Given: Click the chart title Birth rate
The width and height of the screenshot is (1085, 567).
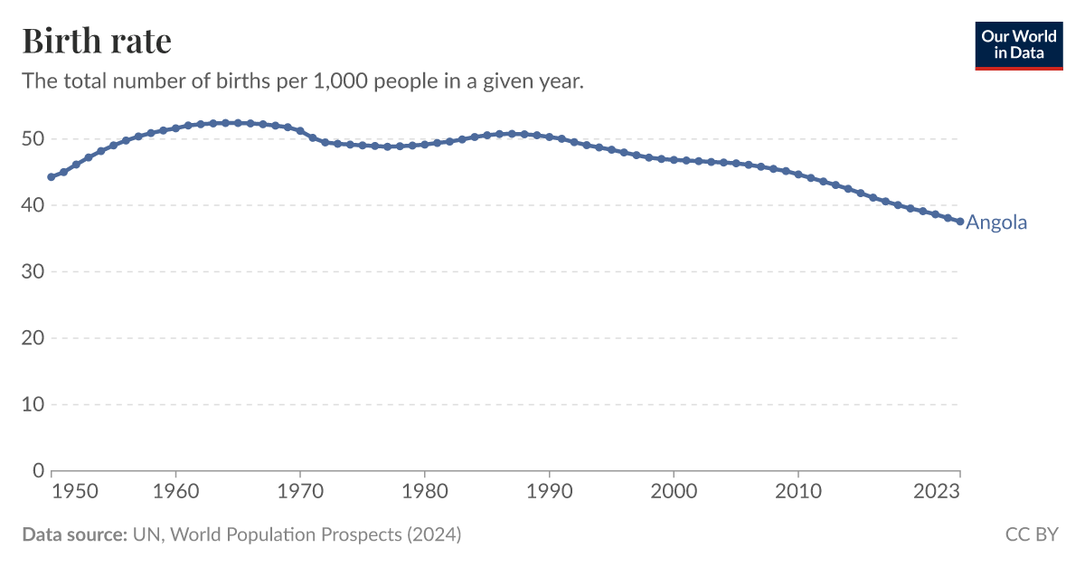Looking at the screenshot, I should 96,41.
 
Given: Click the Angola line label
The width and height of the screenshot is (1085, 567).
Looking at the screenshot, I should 996,222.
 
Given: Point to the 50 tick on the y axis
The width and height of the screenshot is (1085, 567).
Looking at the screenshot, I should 34,139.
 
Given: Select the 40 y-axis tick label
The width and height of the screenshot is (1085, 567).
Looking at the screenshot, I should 34,205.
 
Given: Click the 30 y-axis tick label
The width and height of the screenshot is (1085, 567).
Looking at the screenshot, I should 34,271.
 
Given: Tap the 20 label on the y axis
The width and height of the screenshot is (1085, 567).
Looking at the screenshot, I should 34,338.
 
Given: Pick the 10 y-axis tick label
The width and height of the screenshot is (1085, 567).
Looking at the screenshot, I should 34,404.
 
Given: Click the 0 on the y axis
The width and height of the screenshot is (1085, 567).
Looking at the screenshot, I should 39,470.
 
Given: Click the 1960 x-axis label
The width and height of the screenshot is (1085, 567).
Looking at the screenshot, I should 176,491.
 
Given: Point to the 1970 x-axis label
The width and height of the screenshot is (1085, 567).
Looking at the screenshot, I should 300,491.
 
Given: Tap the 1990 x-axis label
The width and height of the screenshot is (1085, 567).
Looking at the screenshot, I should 549,491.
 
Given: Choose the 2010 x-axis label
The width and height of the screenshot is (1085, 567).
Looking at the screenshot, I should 797,491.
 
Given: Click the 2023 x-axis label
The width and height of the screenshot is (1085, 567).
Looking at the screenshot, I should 938,491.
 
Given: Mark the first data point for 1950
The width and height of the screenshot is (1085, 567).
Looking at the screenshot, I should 52,177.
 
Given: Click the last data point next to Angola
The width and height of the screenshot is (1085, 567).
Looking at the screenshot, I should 959,222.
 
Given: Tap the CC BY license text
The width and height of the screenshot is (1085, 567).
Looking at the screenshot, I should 1031,534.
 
